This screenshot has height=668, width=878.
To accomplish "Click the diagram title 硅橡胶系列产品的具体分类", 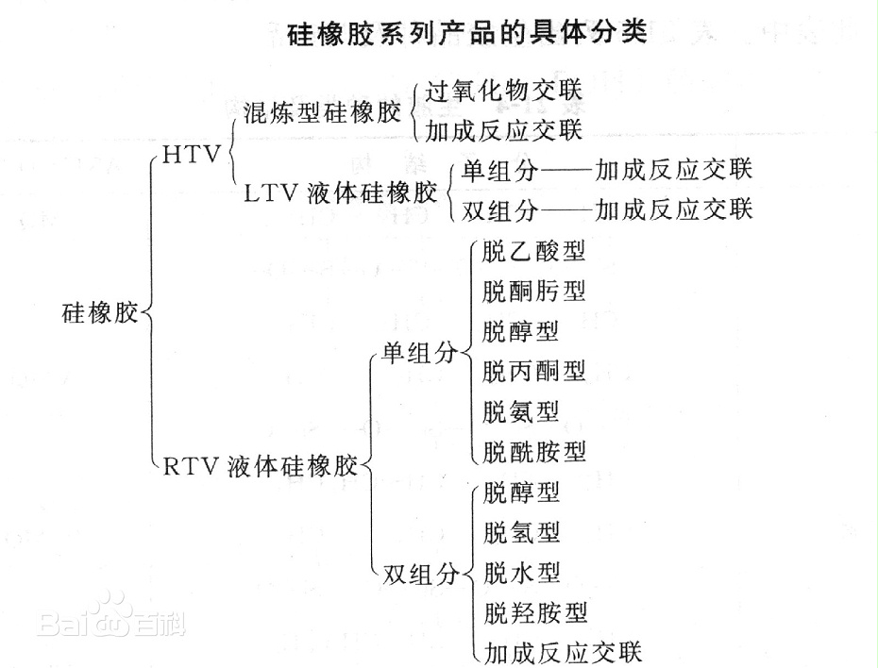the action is point(467,32).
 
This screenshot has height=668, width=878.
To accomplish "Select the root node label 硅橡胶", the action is point(100,312).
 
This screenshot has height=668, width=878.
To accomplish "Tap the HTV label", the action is point(192,155).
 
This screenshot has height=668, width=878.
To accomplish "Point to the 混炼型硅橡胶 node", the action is point(323,113).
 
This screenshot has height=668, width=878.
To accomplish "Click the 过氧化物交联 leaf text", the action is point(504,91).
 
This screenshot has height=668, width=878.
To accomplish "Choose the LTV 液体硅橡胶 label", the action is point(341,193).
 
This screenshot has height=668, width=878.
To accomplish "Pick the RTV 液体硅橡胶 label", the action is point(261,466).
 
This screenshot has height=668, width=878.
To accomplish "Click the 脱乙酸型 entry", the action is point(533,251).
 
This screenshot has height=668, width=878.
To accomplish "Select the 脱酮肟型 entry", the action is point(533,291).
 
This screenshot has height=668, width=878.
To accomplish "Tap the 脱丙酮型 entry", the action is point(533,371).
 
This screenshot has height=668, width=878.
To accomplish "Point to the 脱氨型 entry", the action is point(521,411).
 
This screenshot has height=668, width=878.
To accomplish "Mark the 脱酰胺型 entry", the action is point(533,452).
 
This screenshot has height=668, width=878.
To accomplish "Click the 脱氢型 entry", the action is point(522,532).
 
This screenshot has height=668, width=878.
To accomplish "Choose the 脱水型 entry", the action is point(522,573).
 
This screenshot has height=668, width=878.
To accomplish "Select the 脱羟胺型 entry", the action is point(535,613).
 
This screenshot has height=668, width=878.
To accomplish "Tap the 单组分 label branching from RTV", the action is point(419,353).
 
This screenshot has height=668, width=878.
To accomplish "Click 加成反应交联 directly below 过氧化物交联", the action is point(504,130).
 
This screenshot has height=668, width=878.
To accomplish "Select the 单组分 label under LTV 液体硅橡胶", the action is point(499,170).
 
